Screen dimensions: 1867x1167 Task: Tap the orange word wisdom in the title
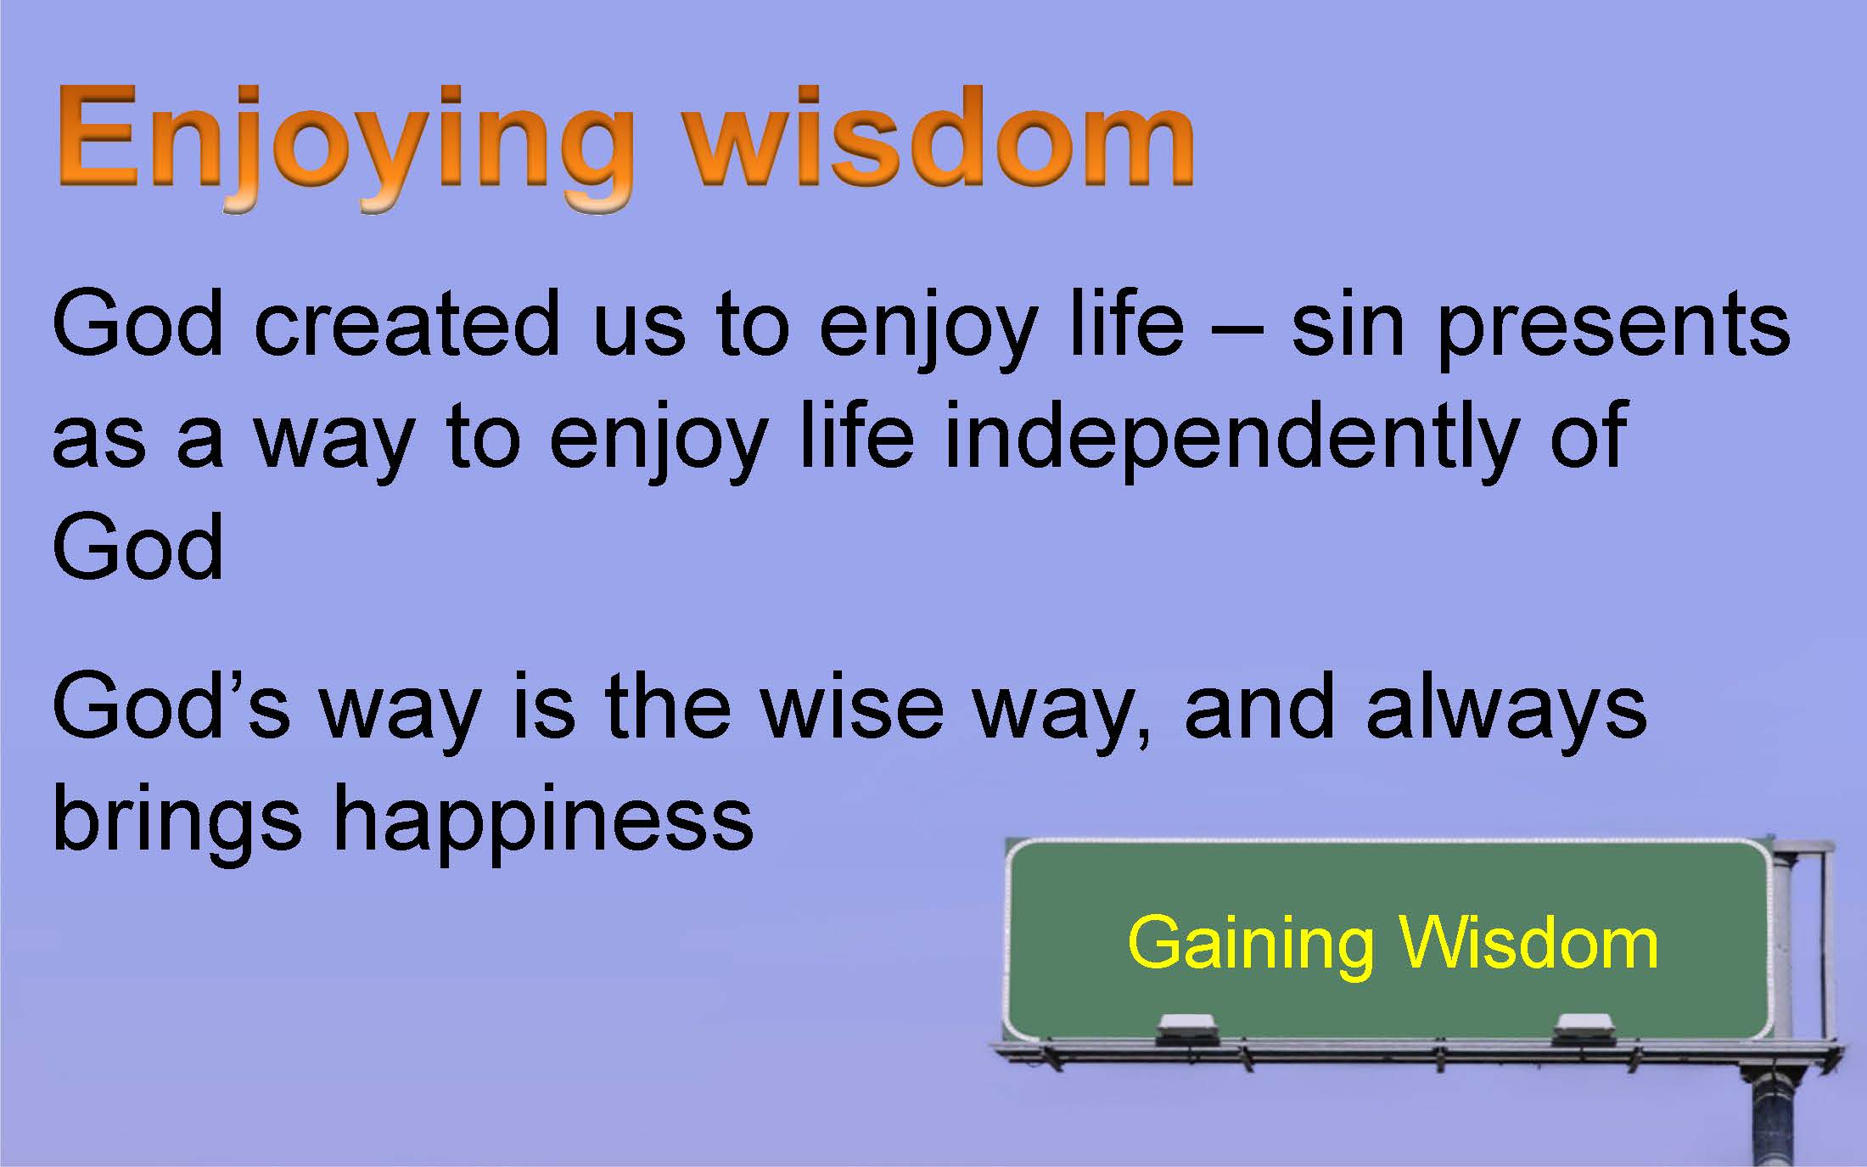pos(940,136)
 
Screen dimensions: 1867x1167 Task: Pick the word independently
pos(1231,441)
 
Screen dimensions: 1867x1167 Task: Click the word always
pos(1506,713)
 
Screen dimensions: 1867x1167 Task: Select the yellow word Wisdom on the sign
pos(1528,942)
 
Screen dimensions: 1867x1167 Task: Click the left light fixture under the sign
pos(1186,1030)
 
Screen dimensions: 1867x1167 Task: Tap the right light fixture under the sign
pos(1583,1030)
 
